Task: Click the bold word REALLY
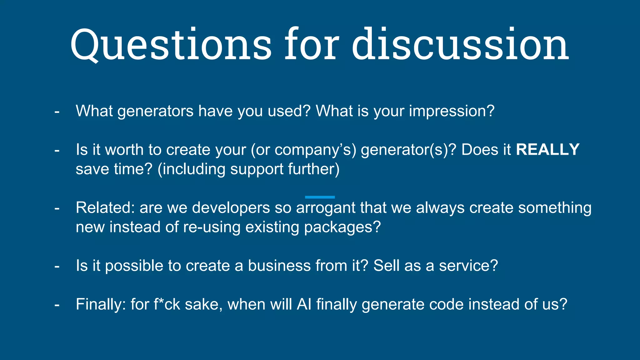[x=547, y=149]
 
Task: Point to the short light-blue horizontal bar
[x=320, y=197]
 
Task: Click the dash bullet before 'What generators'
[x=57, y=112]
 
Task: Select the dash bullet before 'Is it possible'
[x=57, y=266]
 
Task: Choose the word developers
[x=231, y=208]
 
